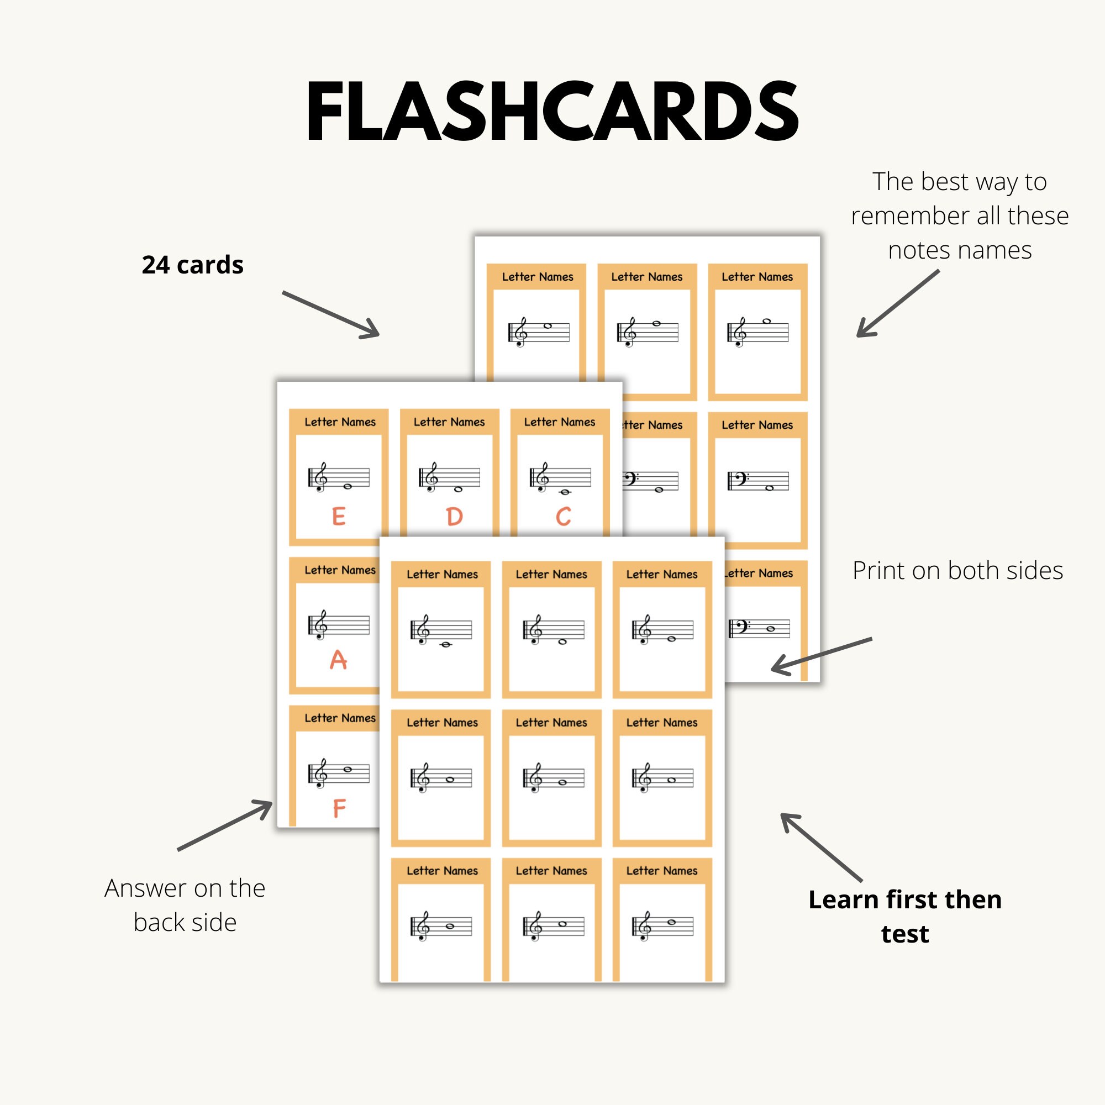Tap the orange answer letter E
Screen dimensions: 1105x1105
coord(339,517)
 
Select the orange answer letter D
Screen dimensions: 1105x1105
coord(454,517)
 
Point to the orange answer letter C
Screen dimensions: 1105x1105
coord(564,517)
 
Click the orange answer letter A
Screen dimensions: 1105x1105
coord(339,660)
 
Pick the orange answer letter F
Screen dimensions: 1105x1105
coord(339,809)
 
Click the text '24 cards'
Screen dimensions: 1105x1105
coord(193,265)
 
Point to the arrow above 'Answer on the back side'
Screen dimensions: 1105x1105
coord(225,825)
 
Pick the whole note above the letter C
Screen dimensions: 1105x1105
coord(565,492)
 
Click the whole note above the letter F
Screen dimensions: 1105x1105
coord(348,769)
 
